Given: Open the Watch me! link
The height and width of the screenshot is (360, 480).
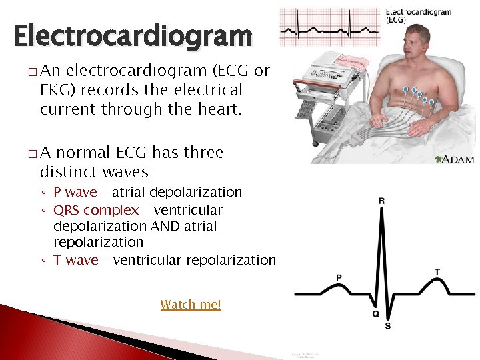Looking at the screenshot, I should pos(190,305).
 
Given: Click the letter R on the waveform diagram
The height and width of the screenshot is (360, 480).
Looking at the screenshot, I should pos(381,201).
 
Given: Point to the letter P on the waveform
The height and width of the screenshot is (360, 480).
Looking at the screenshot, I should pos(339,277).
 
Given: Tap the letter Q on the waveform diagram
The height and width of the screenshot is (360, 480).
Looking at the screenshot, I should pos(376,314).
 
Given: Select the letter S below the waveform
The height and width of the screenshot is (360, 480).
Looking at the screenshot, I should pos(388,325).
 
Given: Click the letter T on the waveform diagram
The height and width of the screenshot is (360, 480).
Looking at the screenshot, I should pos(437,272).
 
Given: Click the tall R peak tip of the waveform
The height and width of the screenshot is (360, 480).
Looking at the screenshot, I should pos(381,213).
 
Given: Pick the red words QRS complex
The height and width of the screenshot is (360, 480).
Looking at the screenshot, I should pos(95,210).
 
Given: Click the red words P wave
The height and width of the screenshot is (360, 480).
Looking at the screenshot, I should pos(75,192).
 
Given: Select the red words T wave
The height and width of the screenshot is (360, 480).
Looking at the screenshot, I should pos(75,260).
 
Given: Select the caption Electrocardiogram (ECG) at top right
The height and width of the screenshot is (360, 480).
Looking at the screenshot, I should pos(418,15).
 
